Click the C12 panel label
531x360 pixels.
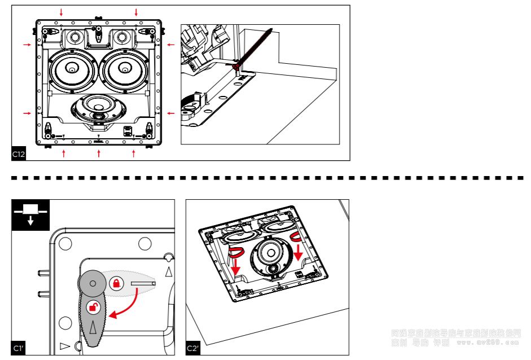(x=18, y=154)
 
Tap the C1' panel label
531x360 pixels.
(x=18, y=348)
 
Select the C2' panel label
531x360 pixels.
(x=193, y=348)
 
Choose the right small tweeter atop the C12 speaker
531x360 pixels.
(x=122, y=38)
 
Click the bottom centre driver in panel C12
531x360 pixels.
(x=98, y=107)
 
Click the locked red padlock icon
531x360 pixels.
(x=116, y=282)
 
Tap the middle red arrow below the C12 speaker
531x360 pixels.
(x=99, y=153)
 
